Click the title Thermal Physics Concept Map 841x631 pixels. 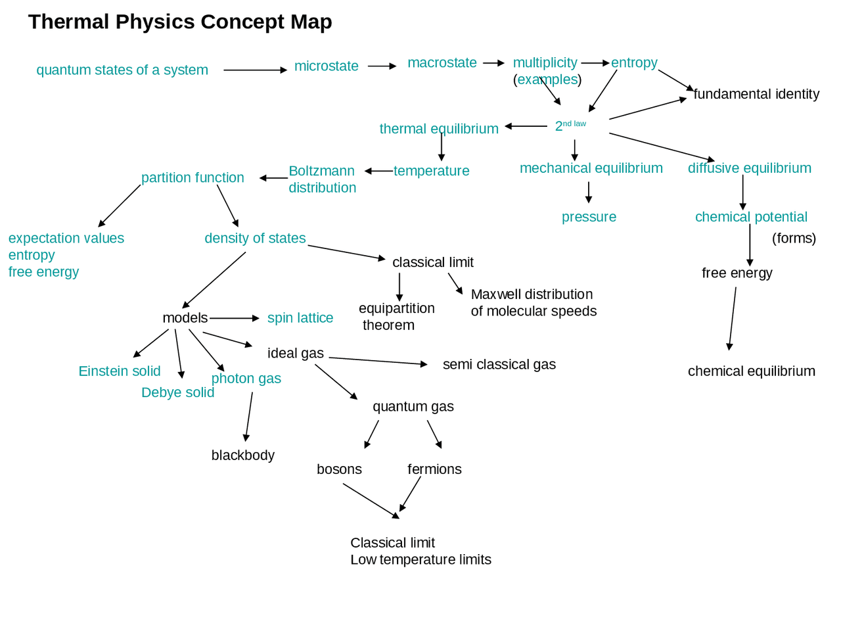[180, 22]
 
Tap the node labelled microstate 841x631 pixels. [327, 66]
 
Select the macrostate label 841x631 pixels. [442, 62]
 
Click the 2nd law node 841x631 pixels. [570, 126]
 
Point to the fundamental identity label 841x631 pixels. [756, 94]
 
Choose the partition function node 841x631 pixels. [193, 177]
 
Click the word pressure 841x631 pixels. [589, 217]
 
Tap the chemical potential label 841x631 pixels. [751, 217]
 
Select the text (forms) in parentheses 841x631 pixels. [794, 239]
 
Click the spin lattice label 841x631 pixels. [300, 318]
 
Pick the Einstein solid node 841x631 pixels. [120, 371]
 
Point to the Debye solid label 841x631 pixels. [178, 392]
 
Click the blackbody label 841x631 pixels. [243, 455]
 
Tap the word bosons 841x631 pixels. [339, 469]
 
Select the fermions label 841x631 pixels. [434, 469]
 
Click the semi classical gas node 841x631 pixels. [499, 364]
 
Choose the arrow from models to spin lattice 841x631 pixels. [235, 318]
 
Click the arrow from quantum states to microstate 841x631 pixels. [255, 70]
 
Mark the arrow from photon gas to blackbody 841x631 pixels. [249, 417]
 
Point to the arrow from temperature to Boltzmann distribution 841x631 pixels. [379, 172]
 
